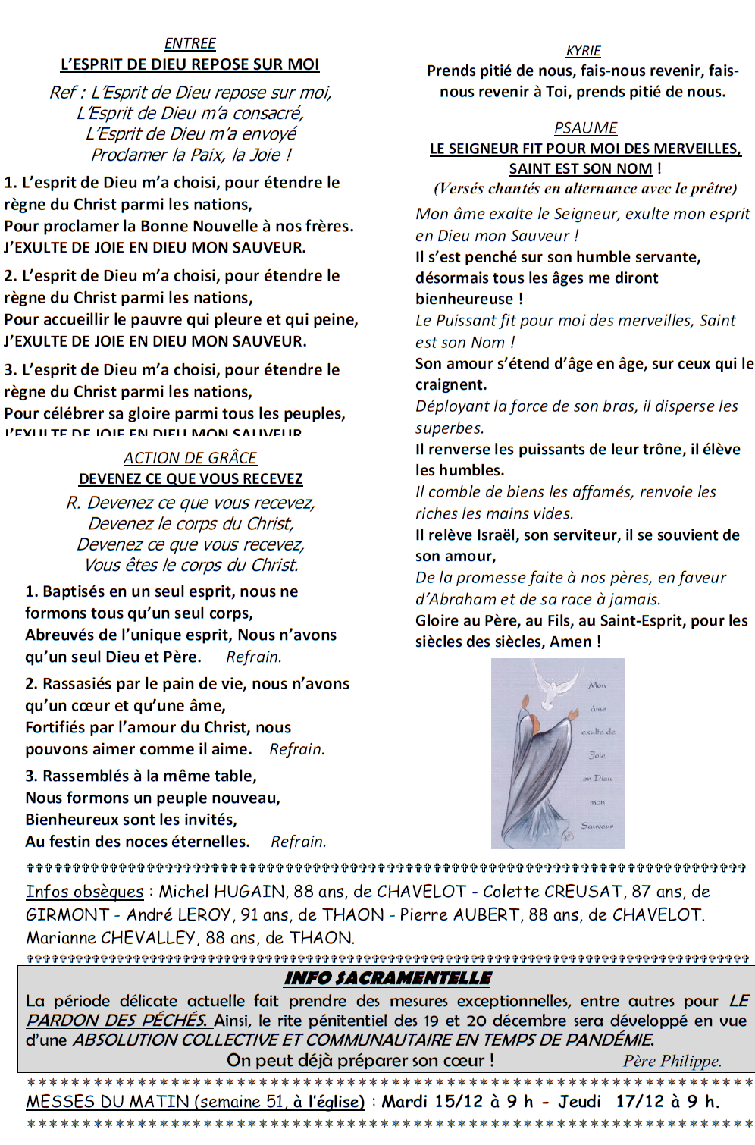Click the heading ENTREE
coord(190,44)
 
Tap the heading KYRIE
coord(583,51)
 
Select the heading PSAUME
coord(585,128)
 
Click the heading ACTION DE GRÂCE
coord(190,458)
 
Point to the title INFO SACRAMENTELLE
coord(387,978)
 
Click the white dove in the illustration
coord(555,683)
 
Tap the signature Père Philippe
coord(672,1061)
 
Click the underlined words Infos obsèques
coord(84,892)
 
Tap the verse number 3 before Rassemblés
coord(30,776)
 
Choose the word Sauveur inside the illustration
coord(597,826)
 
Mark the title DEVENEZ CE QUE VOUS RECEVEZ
coord(191,479)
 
